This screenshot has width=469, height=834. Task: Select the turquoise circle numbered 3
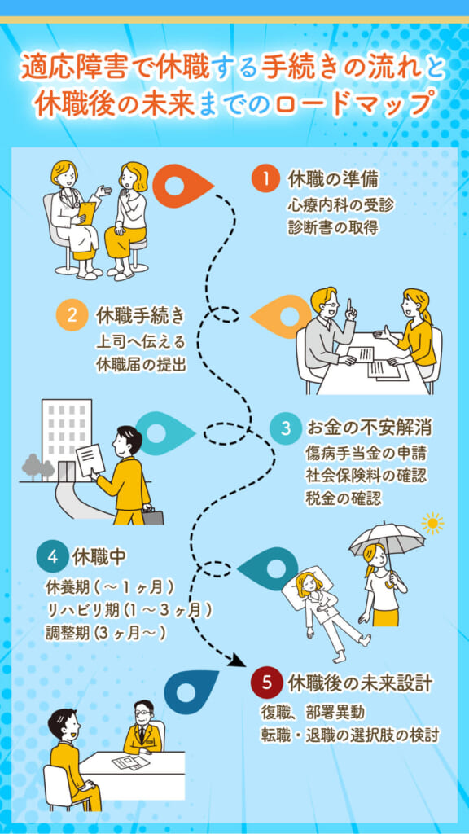coord(286,428)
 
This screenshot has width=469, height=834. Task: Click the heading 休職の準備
coord(333,180)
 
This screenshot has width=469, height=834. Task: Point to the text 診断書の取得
coord(333,227)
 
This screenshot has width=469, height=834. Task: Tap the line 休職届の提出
coord(141,364)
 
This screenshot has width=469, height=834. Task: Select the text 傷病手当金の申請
coord(365,454)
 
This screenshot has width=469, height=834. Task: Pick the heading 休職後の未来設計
coord(359,683)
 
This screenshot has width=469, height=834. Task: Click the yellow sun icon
coord(433,524)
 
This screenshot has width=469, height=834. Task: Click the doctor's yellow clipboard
coord(85,213)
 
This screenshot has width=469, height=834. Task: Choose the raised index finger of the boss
coord(350,307)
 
